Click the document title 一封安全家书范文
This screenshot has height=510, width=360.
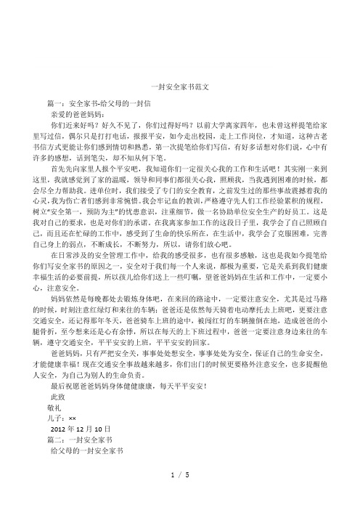(x=179, y=86)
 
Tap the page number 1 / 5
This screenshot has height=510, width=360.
(x=179, y=495)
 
